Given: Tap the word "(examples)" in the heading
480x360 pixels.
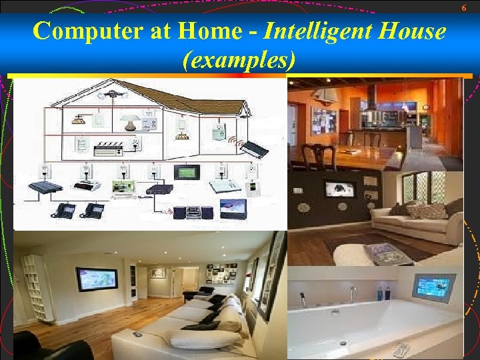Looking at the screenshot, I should pyautogui.click(x=239, y=61).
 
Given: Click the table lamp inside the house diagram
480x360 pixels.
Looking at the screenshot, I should pyautogui.click(x=129, y=121).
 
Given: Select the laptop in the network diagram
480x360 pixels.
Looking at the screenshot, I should pyautogui.click(x=123, y=189).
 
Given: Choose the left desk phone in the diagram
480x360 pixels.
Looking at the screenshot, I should pyautogui.click(x=65, y=210).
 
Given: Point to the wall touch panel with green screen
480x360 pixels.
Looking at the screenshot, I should pyautogui.click(x=185, y=172).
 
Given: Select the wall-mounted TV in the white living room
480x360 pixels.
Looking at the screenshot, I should pyautogui.click(x=97, y=279).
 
